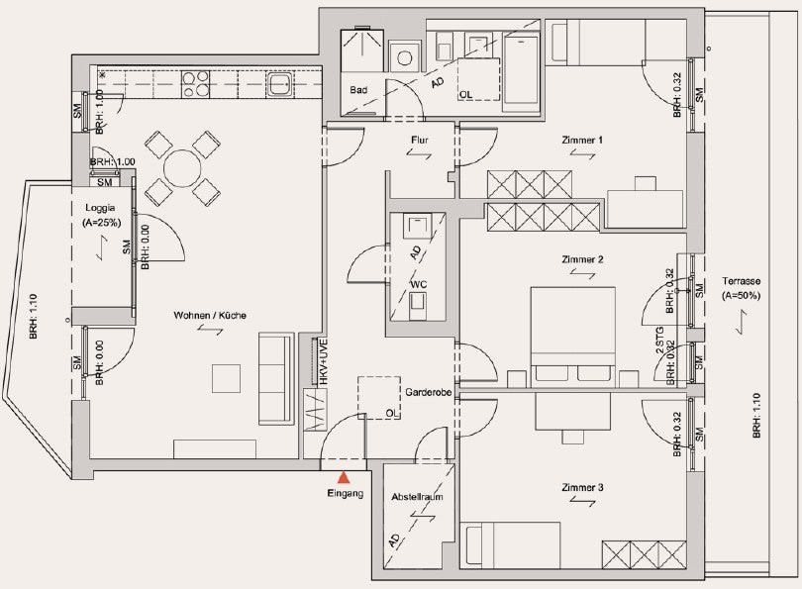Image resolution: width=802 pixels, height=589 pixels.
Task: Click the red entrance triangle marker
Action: [344, 477]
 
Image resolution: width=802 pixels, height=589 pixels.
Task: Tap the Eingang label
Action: [346, 493]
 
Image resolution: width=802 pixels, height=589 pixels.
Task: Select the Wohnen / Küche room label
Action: [210, 315]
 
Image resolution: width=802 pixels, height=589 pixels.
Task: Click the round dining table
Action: [181, 168]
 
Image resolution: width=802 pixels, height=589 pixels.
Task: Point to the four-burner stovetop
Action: [195, 83]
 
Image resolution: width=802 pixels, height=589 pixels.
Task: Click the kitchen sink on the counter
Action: [280, 84]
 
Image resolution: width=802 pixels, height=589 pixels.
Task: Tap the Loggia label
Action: [100, 208]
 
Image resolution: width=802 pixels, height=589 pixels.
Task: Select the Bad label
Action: [358, 90]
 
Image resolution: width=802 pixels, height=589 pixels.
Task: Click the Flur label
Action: [420, 140]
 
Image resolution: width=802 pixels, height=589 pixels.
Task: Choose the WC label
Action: [418, 284]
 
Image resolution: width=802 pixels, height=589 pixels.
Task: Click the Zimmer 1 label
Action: [582, 140]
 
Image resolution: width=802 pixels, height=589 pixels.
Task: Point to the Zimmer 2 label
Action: [582, 259]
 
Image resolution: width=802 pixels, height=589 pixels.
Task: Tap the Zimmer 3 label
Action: [582, 487]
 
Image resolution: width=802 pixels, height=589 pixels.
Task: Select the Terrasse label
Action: [742, 281]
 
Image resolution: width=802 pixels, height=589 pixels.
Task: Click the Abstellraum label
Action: [418, 497]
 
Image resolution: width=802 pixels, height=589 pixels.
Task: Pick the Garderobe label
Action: [428, 392]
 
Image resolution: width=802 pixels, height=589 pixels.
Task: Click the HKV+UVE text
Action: [322, 361]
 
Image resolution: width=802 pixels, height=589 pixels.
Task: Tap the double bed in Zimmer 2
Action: [573, 337]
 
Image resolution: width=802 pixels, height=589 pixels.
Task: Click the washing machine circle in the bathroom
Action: [404, 57]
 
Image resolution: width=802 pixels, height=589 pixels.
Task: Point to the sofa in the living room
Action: [276, 379]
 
